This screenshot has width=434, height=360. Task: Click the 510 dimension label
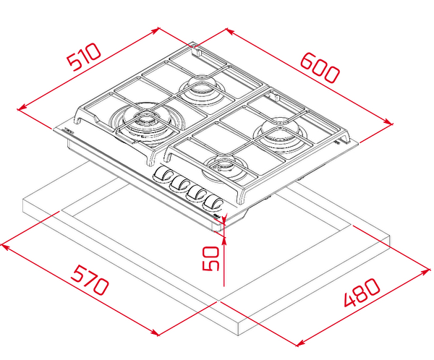(85, 56)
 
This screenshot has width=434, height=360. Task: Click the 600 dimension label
(320, 67)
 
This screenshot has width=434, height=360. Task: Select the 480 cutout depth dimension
(362, 292)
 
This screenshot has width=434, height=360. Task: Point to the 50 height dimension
(211, 258)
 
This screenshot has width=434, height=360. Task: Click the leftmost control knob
(163, 175)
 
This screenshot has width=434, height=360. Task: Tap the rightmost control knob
(213, 202)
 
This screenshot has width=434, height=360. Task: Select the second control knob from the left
(179, 184)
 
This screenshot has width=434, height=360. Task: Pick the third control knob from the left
(196, 193)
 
